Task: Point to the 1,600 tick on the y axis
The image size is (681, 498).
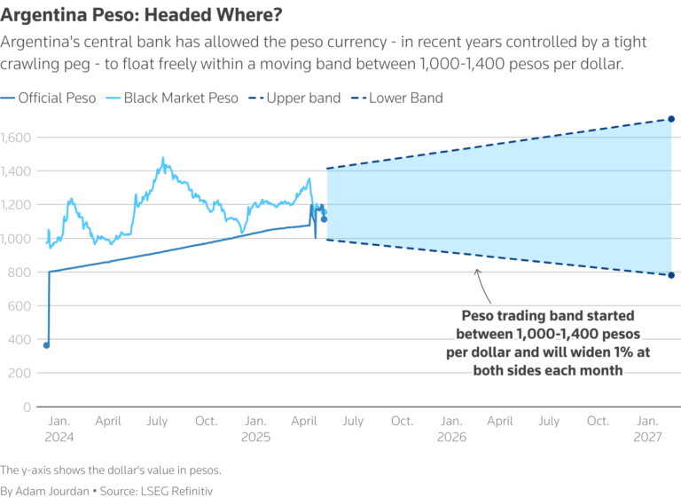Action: coord(15,138)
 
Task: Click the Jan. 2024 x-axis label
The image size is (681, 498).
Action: coord(59,429)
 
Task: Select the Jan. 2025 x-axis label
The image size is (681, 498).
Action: coord(255,429)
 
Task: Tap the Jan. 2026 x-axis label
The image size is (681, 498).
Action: coord(451,429)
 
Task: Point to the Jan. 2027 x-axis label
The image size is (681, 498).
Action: coord(647,429)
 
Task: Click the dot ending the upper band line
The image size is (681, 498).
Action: coord(671,119)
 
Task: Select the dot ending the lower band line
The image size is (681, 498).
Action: coord(671,275)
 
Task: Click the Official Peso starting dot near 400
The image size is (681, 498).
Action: coord(47,345)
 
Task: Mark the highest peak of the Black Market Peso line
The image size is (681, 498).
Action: coord(162,158)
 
